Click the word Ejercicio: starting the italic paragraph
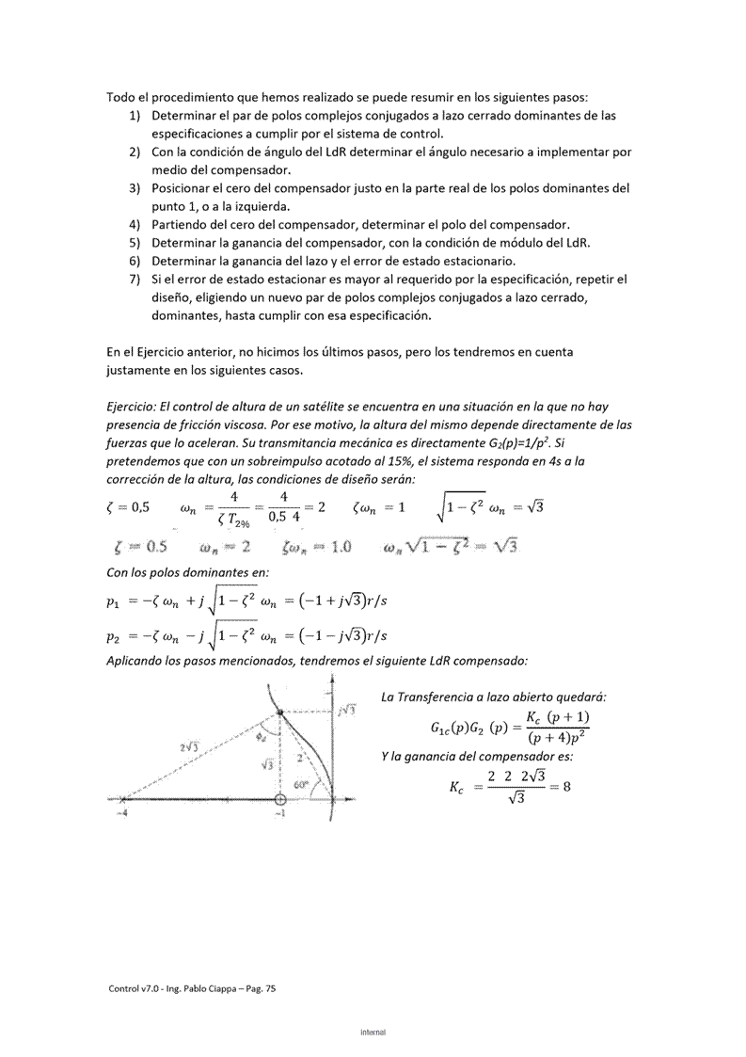click(x=135, y=407)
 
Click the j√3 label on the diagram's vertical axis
click(x=346, y=710)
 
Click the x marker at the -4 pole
click(x=122, y=799)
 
